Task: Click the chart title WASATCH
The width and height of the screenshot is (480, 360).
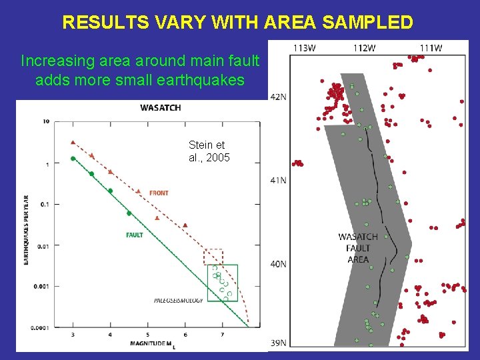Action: pos(160,108)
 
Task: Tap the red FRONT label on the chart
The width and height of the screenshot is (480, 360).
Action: pos(159,193)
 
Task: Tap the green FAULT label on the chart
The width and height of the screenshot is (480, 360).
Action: pos(135,235)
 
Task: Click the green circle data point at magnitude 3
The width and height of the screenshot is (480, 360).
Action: pos(73,159)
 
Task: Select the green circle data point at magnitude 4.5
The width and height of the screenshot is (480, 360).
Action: pos(129,213)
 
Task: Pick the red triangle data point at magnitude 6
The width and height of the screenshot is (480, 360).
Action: pos(185,225)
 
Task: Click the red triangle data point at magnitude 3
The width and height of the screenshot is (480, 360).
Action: pos(73,142)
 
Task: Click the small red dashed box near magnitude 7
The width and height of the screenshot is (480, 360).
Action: pos(213,257)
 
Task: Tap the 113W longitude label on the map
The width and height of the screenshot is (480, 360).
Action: pos(304,48)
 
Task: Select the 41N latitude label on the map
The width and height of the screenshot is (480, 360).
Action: pos(278,180)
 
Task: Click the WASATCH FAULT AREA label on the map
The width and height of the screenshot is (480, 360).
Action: pos(358,248)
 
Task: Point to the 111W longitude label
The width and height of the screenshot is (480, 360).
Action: pos(431,48)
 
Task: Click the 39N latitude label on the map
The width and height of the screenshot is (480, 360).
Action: pos(278,343)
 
